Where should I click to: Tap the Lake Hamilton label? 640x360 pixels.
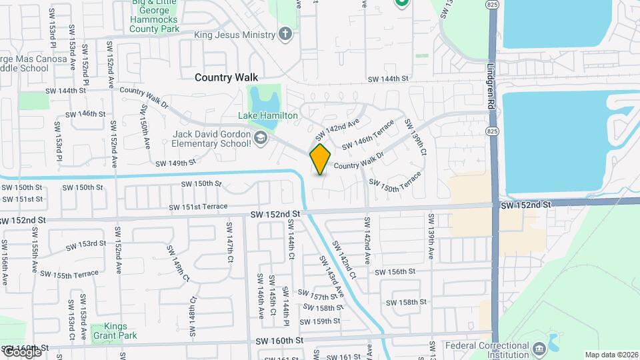pos(269,115)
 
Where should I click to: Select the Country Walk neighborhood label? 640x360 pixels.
pos(226,77)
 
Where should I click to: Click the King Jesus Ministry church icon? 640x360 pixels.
pos(285,35)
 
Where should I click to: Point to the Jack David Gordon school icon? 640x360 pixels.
pos(260,139)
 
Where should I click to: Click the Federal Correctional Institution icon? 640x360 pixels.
pos(538,347)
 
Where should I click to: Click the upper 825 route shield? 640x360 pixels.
pos(492,5)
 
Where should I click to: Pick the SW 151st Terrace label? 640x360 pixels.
pos(198,207)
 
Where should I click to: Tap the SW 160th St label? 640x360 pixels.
pos(279,340)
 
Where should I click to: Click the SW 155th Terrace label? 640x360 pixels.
pos(69,274)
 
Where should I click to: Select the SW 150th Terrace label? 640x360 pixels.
pos(395,182)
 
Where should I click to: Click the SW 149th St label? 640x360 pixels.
pos(175,163)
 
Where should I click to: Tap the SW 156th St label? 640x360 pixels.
pos(395,271)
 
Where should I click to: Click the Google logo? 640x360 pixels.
pos(21,352)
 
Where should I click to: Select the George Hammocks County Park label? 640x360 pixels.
pos(155,21)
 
